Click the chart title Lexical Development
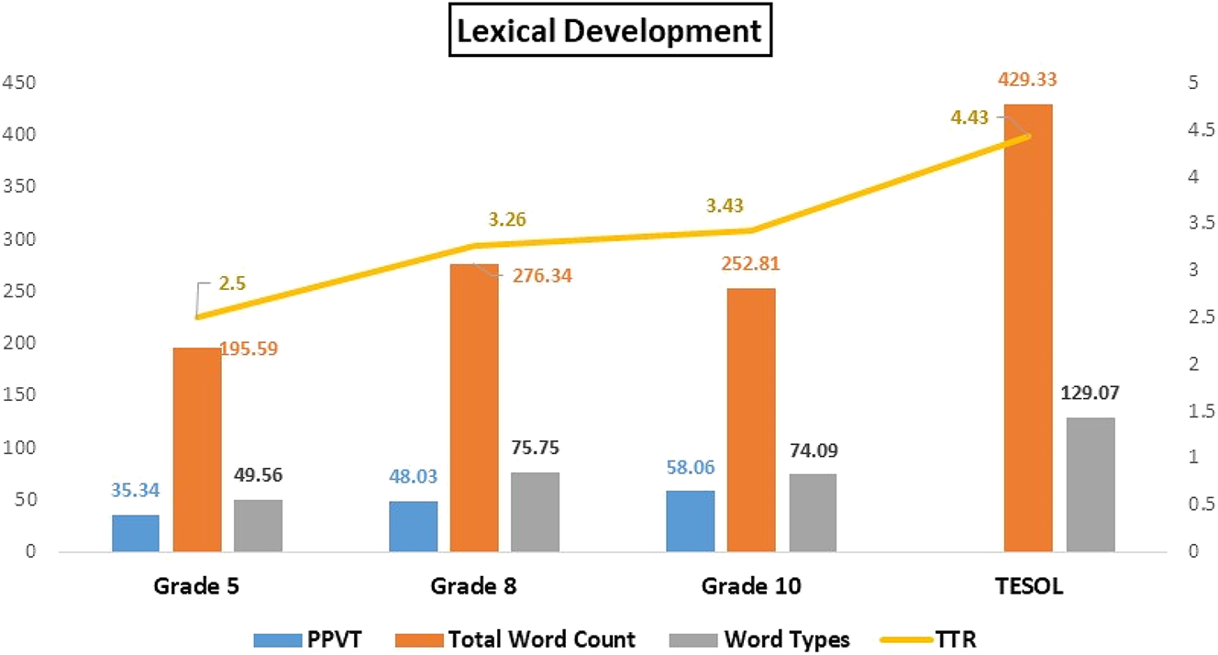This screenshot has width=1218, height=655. (609, 31)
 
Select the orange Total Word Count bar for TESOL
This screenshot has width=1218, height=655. (1028, 327)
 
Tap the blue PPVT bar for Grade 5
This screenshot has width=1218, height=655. (136, 533)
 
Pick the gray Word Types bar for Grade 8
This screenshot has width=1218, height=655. (535, 512)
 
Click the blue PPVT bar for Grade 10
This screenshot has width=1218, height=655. (691, 521)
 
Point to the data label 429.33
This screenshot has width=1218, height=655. (1026, 80)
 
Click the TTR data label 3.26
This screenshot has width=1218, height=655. (506, 219)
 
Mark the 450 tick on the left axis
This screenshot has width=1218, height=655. (18, 83)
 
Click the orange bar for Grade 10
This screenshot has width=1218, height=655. (751, 420)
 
